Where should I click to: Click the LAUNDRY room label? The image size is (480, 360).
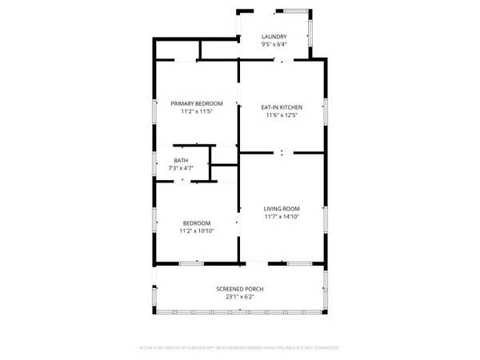pos(274,37)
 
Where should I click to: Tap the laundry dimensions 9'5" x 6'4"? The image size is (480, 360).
pos(274,45)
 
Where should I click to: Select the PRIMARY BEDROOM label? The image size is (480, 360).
pos(196,103)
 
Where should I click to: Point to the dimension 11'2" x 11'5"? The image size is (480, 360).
pos(196,111)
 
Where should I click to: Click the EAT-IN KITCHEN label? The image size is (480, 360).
pos(282,106)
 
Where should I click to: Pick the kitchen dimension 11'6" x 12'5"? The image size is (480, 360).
pos(282,114)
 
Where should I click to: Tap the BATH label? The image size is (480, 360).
pos(182,160)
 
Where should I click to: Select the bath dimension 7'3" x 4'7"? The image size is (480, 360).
pos(182,168)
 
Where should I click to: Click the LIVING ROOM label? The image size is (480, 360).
pos(282,208)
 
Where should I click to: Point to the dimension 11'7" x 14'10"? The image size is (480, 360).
pos(282,216)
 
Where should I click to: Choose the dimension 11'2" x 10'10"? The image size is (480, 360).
pos(196,230)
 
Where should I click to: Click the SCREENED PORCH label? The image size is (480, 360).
pos(239,289)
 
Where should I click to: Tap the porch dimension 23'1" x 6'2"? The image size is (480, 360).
pos(239,297)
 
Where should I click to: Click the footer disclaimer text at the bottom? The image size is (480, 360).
pos(239,348)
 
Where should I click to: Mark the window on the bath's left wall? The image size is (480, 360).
pos(155,162)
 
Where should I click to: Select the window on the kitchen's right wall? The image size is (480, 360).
pos(325,110)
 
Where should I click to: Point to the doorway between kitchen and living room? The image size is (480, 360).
pos(282,152)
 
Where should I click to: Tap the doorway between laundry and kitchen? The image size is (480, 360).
pos(278,61)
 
